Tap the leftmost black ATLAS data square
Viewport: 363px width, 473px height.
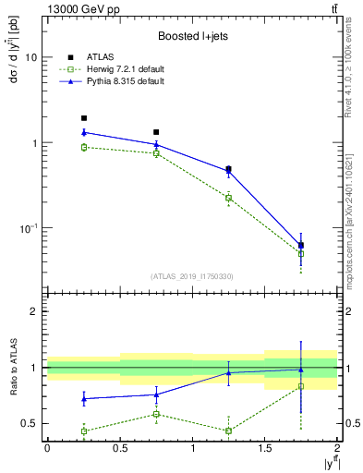click(84, 118)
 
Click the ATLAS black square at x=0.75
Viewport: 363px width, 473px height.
click(156, 132)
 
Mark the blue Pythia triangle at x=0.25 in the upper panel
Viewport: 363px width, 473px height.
click(84, 132)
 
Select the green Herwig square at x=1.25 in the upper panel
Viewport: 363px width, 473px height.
click(228, 198)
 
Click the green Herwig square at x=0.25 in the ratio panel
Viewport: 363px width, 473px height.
click(84, 431)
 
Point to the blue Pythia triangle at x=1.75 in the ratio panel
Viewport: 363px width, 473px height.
click(301, 370)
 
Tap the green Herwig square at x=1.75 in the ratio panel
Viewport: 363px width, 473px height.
click(301, 386)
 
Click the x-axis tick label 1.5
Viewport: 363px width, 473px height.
click(265, 448)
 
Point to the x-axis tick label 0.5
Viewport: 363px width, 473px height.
click(119, 448)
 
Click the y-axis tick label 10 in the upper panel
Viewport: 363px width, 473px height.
click(31, 57)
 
